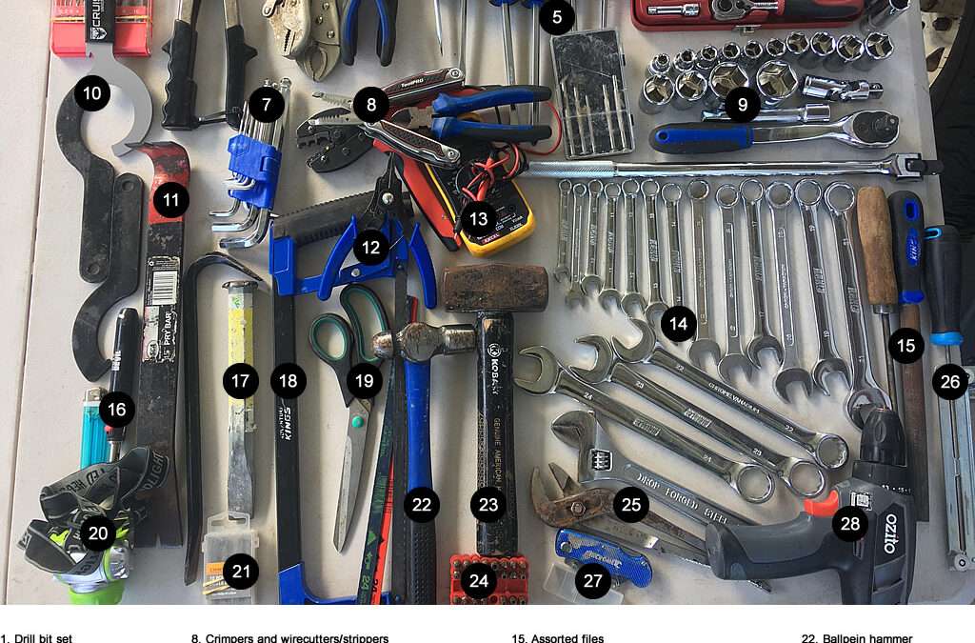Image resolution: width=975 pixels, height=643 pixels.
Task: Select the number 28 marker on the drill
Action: click(x=850, y=522)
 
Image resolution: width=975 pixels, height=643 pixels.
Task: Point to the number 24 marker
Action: click(x=478, y=579)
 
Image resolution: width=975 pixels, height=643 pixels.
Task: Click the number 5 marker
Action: click(x=556, y=15)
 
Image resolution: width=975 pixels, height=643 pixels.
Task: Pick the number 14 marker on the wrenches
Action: click(x=678, y=324)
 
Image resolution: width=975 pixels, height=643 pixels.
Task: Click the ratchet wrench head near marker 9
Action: click(x=871, y=128)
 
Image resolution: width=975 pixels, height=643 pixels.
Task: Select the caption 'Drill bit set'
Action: click(x=38, y=637)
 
